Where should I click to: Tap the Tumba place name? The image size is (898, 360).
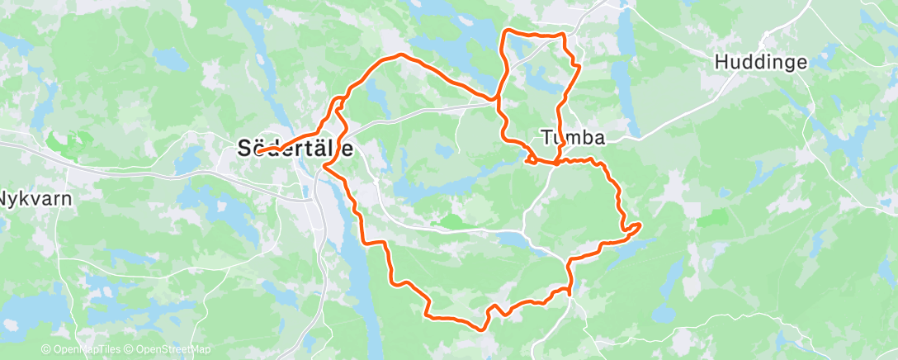(x=573, y=137)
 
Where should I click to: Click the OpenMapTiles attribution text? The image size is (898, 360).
(x=82, y=350)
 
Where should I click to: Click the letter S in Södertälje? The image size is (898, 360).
(x=244, y=149)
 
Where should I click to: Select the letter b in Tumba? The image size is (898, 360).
(x=587, y=137)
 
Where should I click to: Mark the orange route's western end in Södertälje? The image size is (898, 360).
(x=258, y=152)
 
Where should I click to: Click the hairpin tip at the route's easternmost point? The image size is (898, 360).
(x=640, y=225)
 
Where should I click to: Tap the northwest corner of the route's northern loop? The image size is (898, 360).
(x=505, y=32)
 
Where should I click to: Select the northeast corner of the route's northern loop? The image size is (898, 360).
(x=564, y=35)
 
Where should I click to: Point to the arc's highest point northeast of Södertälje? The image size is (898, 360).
(x=401, y=54)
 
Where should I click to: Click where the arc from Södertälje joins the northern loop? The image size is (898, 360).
(x=499, y=99)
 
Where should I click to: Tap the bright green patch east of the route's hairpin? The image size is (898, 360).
(x=713, y=218)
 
